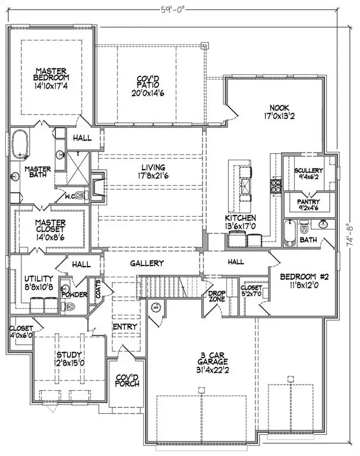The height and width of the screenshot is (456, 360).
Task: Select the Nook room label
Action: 275,108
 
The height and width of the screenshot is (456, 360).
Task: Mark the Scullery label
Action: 308,171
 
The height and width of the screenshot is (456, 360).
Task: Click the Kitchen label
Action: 240,218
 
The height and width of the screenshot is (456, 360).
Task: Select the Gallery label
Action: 148,263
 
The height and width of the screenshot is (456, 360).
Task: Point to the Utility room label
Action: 39,278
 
